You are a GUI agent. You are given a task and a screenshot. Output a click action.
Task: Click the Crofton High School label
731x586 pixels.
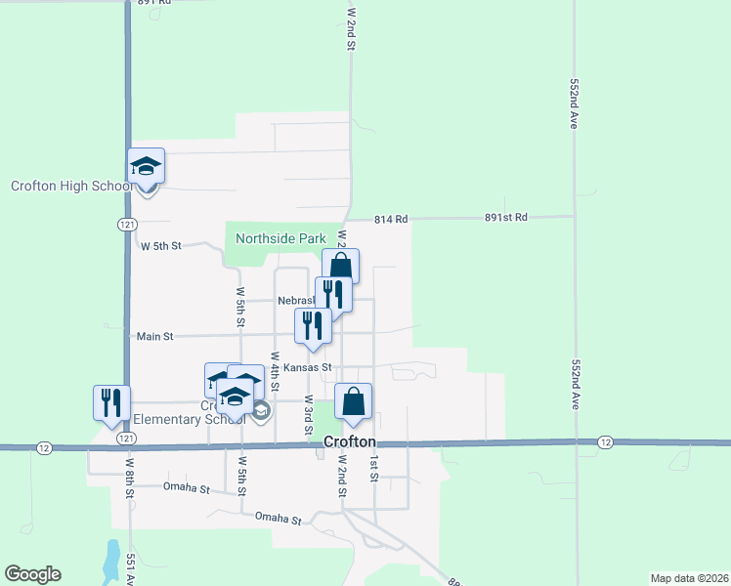pos(71,187)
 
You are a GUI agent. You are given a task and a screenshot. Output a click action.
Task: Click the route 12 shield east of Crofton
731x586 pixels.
pos(605,443)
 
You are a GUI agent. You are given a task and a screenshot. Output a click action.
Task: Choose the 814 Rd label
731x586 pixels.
pos(391,220)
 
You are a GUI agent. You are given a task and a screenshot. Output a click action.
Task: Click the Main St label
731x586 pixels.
pos(154,336)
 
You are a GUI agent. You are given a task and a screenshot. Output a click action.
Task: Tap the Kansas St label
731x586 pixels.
pos(309,368)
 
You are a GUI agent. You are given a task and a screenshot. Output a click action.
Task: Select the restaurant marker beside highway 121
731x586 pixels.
pos(109,401)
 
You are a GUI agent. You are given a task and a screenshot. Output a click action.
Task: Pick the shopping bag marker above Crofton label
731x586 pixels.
pos(354,401)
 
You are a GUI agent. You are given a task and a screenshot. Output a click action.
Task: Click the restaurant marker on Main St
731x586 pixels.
pos(314,326)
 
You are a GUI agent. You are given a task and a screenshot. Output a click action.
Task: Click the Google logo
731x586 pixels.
pos(32,574)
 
